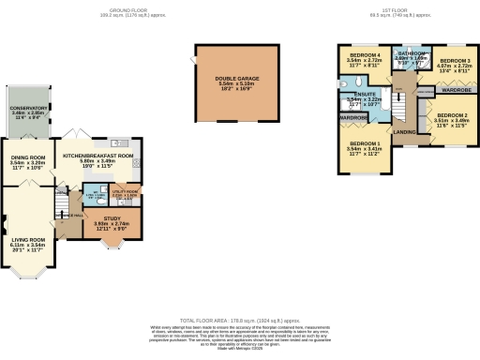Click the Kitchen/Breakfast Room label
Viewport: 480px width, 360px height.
click(97, 156)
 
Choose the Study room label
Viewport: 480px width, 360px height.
click(112, 218)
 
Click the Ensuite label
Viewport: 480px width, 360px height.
click(360, 96)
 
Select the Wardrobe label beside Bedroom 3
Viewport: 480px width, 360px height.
click(457, 90)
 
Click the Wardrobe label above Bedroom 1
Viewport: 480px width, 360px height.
click(354, 118)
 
